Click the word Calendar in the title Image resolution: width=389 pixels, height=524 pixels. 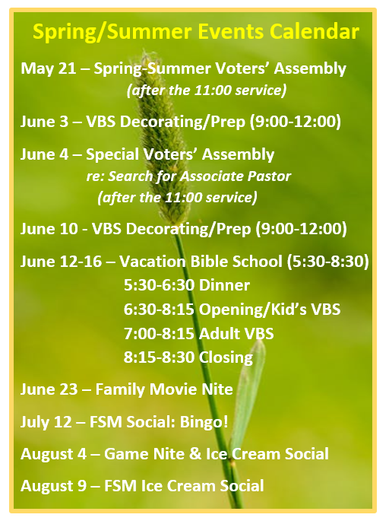click(x=315, y=32)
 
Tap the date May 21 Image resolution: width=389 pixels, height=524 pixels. click(x=48, y=69)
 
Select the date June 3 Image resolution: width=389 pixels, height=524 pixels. click(x=44, y=122)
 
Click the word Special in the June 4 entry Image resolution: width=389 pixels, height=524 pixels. click(x=112, y=154)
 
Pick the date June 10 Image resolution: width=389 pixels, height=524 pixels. click(x=49, y=229)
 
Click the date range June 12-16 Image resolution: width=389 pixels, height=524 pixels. click(x=61, y=262)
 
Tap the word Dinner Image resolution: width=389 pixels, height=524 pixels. click(x=224, y=285)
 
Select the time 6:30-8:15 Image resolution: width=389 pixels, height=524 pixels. click(x=159, y=309)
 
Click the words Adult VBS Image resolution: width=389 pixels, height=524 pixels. click(x=236, y=334)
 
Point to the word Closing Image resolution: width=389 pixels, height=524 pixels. click(x=226, y=357)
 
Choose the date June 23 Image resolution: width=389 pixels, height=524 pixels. click(x=49, y=389)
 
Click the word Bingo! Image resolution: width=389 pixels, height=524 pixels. click(x=204, y=422)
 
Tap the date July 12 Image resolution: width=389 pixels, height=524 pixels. click(x=46, y=422)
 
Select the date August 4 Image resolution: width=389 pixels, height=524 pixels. click(x=53, y=454)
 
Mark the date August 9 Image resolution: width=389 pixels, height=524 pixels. click(x=53, y=486)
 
